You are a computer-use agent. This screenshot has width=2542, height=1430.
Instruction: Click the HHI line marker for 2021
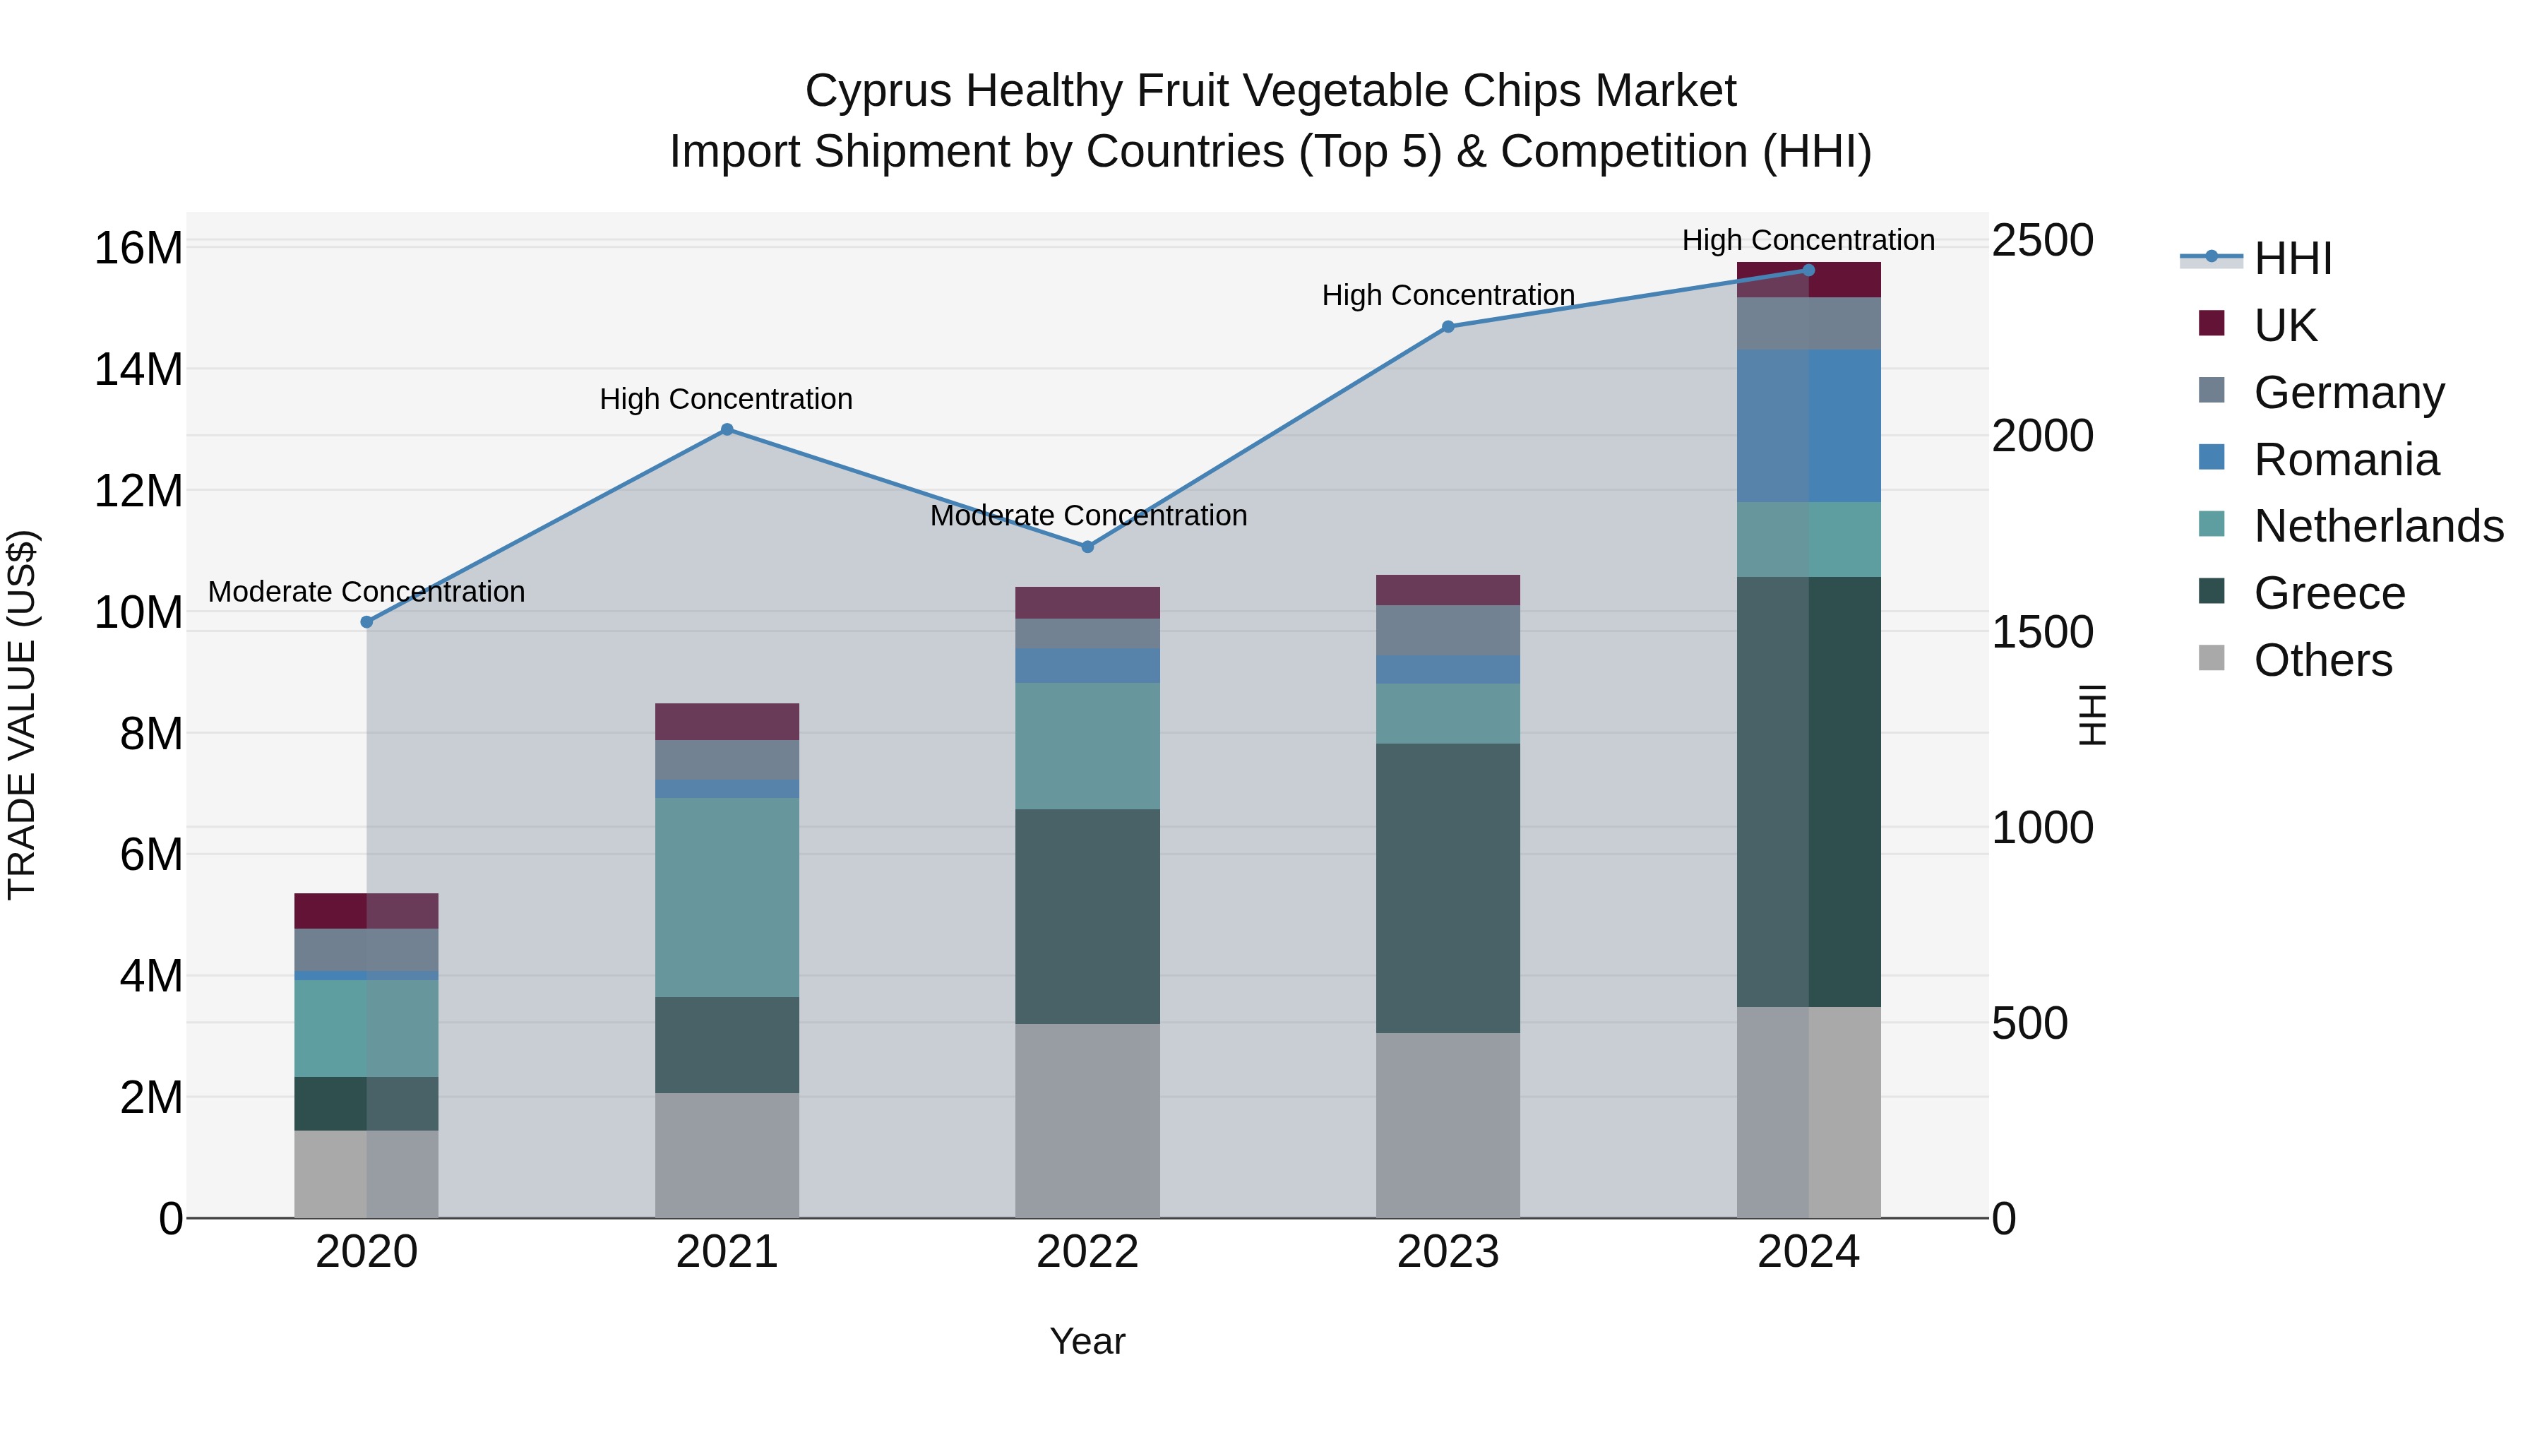pos(727,429)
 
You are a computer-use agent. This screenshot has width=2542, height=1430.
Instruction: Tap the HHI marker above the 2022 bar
pos(1087,547)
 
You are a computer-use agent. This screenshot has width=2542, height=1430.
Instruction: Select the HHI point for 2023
pos(1448,327)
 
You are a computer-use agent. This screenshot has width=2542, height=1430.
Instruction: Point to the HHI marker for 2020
pos(366,621)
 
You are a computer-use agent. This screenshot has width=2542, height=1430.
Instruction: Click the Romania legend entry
pos(2346,460)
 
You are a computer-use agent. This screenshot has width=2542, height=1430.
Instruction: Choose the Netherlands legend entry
pos(2378,526)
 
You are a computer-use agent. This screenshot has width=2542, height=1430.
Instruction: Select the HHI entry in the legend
pos(2292,258)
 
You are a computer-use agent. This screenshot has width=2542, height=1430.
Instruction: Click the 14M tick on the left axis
pos(138,370)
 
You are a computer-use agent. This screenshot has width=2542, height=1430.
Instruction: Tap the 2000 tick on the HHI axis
pos(2041,436)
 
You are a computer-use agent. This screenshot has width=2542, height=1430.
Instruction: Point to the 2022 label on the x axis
pos(1087,1252)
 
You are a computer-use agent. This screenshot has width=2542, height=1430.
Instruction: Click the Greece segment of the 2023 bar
pos(1448,888)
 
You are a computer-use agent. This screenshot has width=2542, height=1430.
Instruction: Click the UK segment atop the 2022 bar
pos(1087,603)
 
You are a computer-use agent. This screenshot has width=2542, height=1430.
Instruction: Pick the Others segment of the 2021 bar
pos(727,1155)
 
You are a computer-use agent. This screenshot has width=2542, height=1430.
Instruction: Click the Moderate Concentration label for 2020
pos(366,592)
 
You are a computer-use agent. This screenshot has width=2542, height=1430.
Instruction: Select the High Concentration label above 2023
pos(1448,295)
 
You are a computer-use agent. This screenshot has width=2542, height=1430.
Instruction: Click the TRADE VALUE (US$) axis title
pos(22,715)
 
